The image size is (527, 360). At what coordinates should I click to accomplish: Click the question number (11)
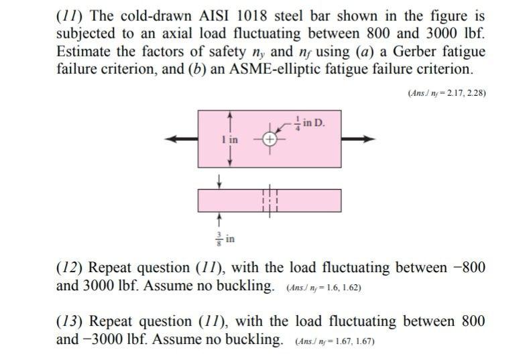67,15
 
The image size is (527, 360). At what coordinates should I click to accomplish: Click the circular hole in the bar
269,139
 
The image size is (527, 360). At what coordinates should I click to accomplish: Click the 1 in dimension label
230,139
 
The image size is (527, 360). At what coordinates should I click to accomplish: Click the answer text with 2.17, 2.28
447,93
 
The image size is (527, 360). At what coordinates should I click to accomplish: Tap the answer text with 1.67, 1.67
335,341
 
